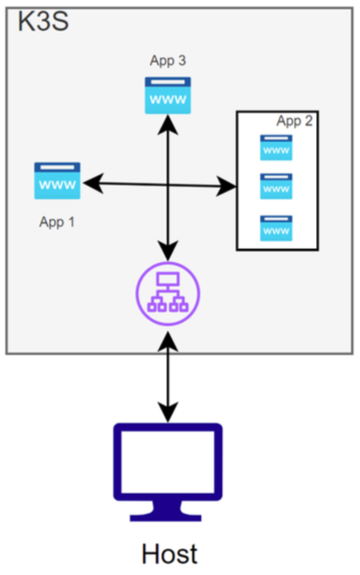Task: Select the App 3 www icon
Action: [167, 95]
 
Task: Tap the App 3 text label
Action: [167, 61]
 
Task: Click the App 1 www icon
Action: [57, 181]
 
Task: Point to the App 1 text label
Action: [57, 222]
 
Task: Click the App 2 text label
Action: [294, 122]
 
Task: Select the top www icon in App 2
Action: [276, 148]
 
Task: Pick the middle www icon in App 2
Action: [276, 187]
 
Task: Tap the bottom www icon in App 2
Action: [276, 229]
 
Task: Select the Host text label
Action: [169, 553]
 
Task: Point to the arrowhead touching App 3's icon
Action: [167, 123]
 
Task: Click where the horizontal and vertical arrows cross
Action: [167, 185]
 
